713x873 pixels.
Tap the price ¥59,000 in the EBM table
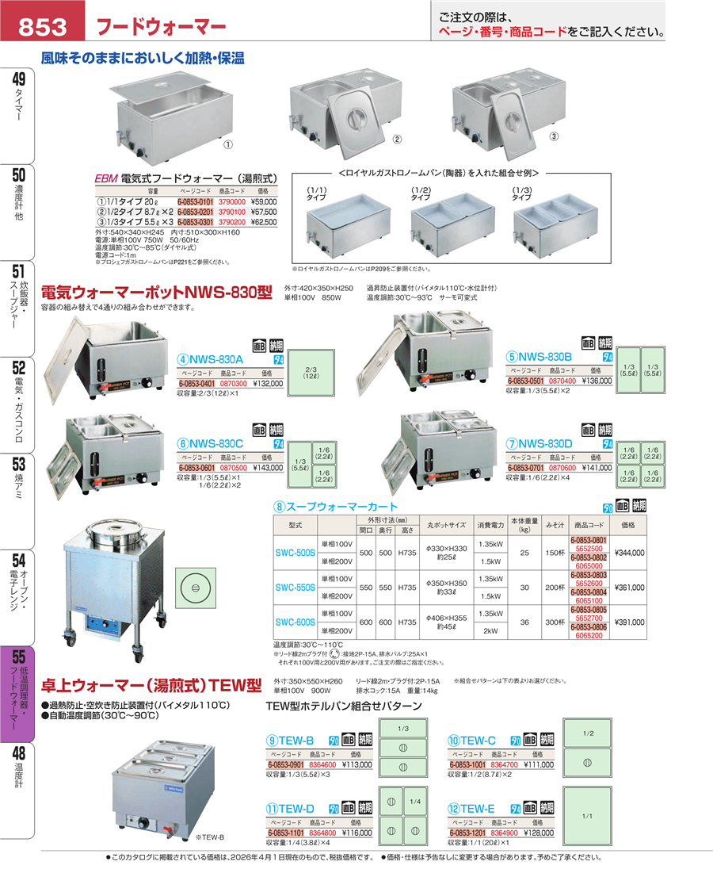coord(264,202)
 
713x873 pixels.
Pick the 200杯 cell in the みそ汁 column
coord(554,587)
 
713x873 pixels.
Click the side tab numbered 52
coord(19,368)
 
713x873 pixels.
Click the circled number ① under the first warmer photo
coord(227,144)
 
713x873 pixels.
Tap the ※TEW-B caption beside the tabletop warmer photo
coord(210,837)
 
